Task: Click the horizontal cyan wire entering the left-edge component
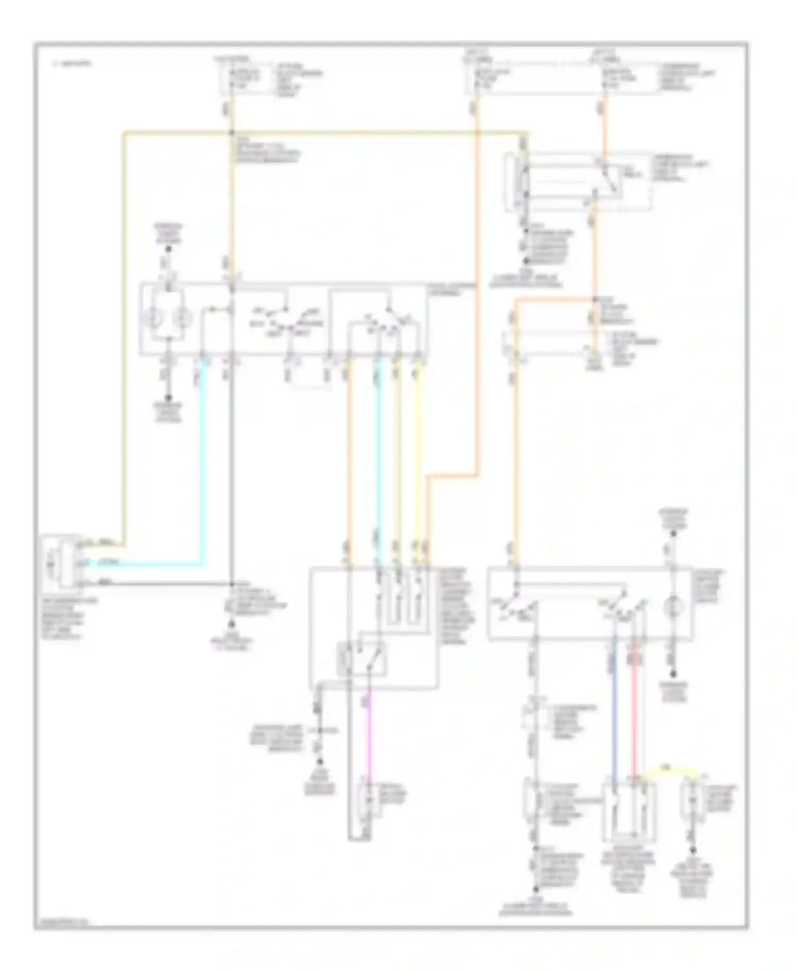click(143, 564)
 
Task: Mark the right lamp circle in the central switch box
click(182, 319)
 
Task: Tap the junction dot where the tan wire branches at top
click(232, 132)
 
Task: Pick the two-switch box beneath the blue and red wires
click(629, 811)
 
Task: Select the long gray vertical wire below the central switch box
click(232, 468)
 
